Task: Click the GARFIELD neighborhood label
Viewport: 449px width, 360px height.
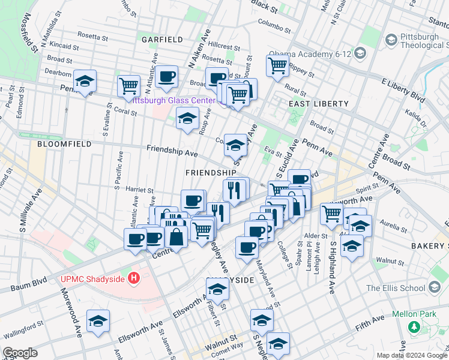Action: pyautogui.click(x=162, y=40)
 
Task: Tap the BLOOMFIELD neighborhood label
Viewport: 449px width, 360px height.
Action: pyautogui.click(x=64, y=145)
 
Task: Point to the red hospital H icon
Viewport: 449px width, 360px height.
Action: pyautogui.click(x=134, y=278)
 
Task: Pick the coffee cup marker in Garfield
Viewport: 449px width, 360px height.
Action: pyautogui.click(x=167, y=76)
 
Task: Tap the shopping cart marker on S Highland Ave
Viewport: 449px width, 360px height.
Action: pyautogui.click(x=331, y=213)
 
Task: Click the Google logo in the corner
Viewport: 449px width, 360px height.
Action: pyautogui.click(x=20, y=353)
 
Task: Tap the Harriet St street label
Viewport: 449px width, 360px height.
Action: pyautogui.click(x=140, y=190)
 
